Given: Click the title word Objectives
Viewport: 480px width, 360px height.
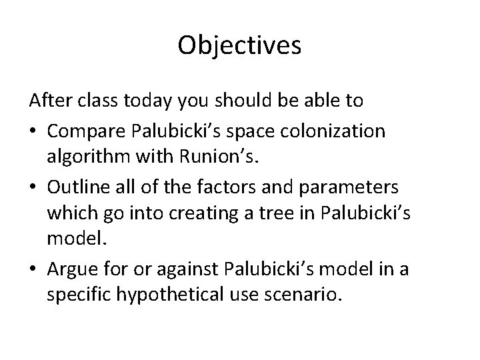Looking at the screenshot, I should (240, 45).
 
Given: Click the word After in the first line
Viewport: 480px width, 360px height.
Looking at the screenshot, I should (49, 101).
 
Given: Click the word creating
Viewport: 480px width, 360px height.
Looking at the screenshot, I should (217, 217).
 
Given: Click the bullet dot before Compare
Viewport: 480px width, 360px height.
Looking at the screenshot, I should (33, 131).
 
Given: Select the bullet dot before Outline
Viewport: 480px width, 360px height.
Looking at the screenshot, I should (33, 188).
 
